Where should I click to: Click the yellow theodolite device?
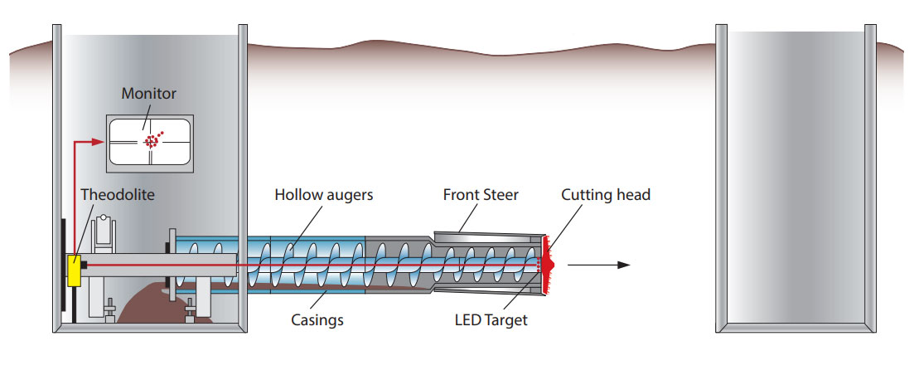pyautogui.click(x=73, y=270)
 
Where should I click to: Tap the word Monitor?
pyautogui.click(x=149, y=94)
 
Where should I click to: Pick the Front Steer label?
pyautogui.click(x=481, y=195)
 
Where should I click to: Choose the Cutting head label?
pyautogui.click(x=606, y=195)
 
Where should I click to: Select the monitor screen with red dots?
pyautogui.click(x=150, y=142)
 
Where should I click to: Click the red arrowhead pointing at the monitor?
pyautogui.click(x=100, y=142)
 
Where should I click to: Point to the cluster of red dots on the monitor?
pyautogui.click(x=152, y=140)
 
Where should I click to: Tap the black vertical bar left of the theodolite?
pyautogui.click(x=63, y=266)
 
